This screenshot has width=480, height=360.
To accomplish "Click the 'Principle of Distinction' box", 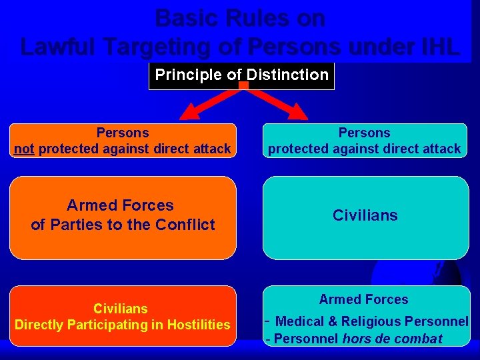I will coord(241,75).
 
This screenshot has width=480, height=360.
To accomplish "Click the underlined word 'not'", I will coord(24,149).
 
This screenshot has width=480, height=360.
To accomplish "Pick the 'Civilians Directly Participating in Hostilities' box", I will coord(123,317).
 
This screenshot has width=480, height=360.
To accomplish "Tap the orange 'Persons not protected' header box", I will coord(123,141).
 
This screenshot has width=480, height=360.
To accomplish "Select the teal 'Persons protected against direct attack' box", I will coord(365,141).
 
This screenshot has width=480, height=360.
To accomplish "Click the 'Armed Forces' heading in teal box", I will coord(363,299).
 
